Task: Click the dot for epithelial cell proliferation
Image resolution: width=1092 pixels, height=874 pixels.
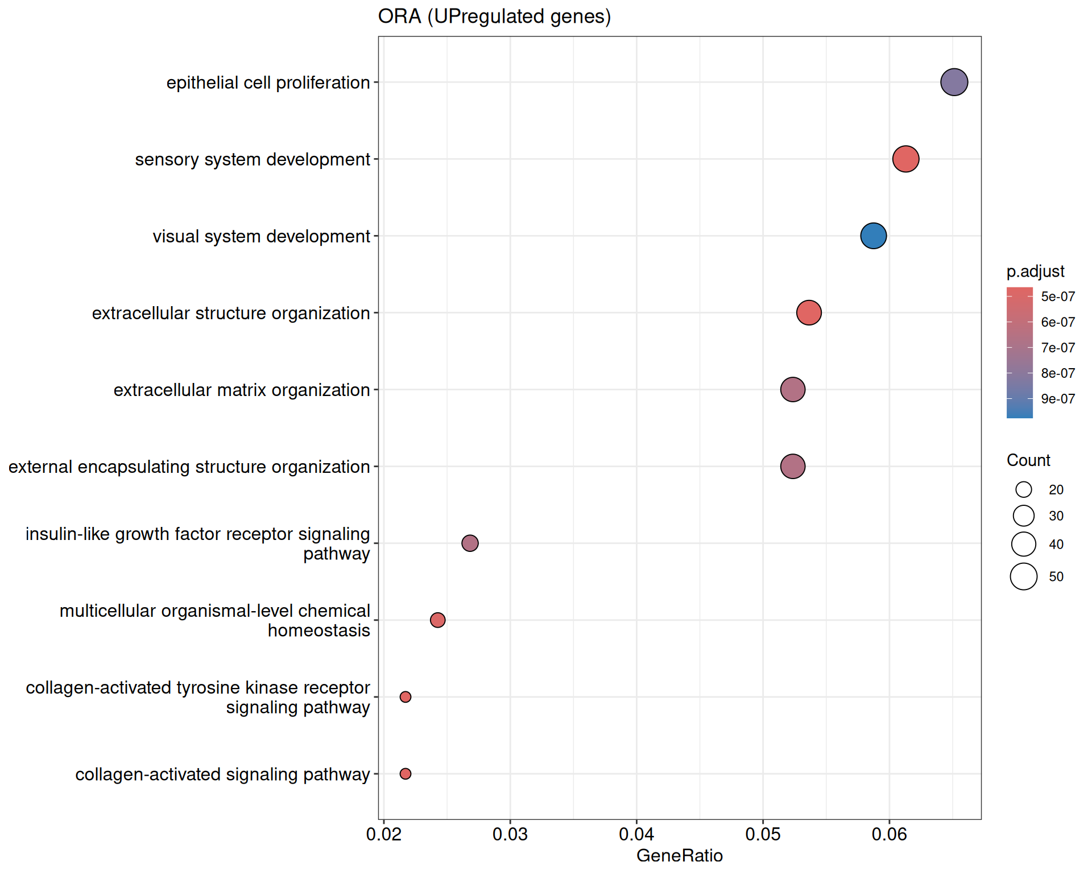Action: click(954, 83)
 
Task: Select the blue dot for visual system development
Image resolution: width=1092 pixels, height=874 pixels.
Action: click(873, 236)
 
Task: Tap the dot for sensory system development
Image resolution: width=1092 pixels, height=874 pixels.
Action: click(905, 159)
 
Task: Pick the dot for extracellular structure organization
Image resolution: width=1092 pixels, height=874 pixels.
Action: click(809, 312)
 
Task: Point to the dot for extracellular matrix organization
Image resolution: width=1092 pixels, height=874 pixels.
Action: click(792, 390)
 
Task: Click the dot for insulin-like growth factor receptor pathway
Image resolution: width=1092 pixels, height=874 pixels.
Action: click(470, 543)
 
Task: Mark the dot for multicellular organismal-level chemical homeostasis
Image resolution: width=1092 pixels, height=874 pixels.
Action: click(437, 620)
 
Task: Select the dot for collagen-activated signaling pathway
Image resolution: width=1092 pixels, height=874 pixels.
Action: click(406, 774)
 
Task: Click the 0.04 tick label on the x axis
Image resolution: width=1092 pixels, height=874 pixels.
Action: click(636, 835)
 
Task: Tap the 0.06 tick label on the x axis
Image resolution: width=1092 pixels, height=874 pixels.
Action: click(889, 835)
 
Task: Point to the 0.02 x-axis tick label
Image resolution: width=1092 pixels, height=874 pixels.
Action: click(384, 835)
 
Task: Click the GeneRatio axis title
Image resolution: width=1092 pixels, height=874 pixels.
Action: click(680, 856)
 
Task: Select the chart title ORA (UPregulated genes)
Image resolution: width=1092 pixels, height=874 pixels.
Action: click(494, 17)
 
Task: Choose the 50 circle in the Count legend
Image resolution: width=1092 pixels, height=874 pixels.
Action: click(1024, 576)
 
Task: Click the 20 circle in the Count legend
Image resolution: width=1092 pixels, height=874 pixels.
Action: click(1024, 489)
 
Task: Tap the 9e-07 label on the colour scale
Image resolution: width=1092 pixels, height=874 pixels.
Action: click(1058, 399)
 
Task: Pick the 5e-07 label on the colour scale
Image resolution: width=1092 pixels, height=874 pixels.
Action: click(1058, 296)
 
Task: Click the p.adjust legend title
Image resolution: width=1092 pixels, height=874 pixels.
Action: click(1035, 271)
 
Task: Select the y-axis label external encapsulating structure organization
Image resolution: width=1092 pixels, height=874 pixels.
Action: click(189, 467)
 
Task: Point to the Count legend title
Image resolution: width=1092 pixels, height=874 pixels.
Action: click(1028, 460)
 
